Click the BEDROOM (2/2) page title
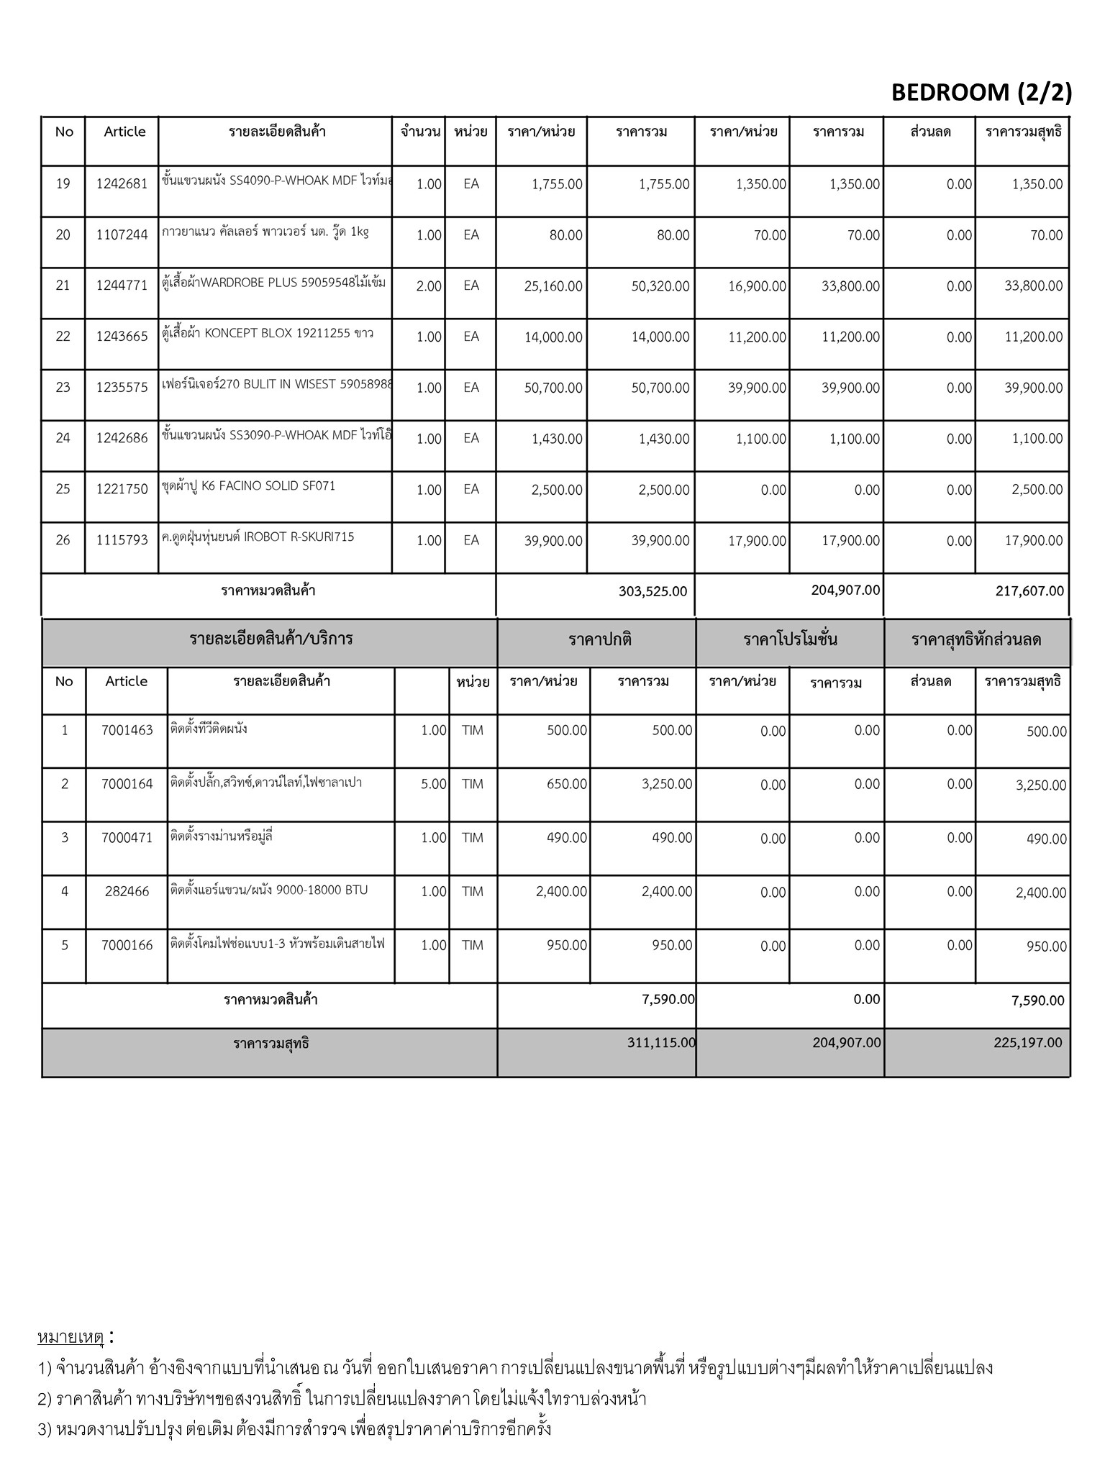pyautogui.click(x=981, y=92)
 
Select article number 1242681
pyautogui.click(x=122, y=184)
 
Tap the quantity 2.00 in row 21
pyautogui.click(x=429, y=286)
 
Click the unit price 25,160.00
pyautogui.click(x=553, y=286)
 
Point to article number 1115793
pyautogui.click(x=122, y=540)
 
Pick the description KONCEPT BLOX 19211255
pyautogui.click(x=268, y=334)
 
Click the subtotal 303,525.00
pyautogui.click(x=652, y=591)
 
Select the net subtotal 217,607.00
pyautogui.click(x=1029, y=591)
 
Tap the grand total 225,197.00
pyautogui.click(x=1028, y=1042)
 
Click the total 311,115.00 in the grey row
pyautogui.click(x=661, y=1042)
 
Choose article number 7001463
pyautogui.click(x=127, y=730)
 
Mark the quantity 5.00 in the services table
pyautogui.click(x=434, y=784)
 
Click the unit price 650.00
pyautogui.click(x=567, y=784)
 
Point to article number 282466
pyautogui.click(x=127, y=891)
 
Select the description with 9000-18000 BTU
pyautogui.click(x=269, y=890)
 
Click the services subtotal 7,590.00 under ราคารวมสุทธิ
pyautogui.click(x=1037, y=1000)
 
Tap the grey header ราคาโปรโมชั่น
pyautogui.click(x=790, y=640)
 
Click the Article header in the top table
pyautogui.click(x=124, y=132)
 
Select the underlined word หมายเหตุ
pyautogui.click(x=71, y=1338)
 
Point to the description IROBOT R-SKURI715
pyautogui.click(x=258, y=537)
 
